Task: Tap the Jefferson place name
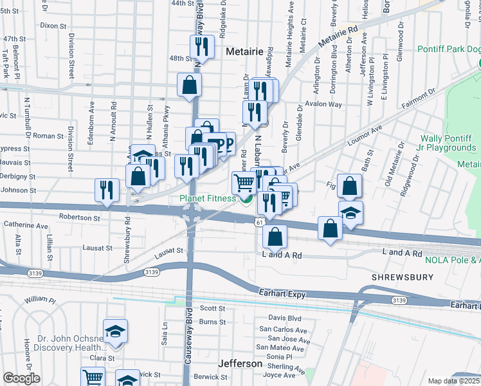tap(240, 363)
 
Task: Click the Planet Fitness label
tap(207, 199)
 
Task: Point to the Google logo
tap(21, 378)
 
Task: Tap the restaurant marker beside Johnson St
tap(107, 190)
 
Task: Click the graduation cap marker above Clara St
tap(115, 331)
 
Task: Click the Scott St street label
tap(212, 308)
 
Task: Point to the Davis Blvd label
tap(285, 318)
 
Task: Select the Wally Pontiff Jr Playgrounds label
tap(448, 143)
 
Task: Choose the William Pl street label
tap(40, 300)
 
